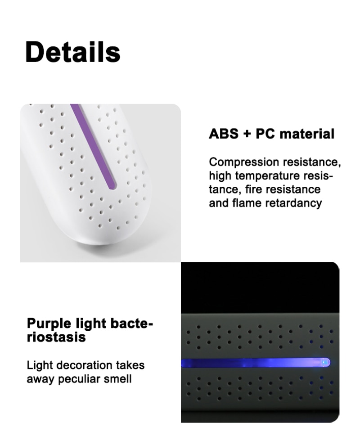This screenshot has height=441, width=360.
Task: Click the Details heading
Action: pos(73,52)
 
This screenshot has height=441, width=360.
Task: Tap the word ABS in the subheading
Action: pos(224,134)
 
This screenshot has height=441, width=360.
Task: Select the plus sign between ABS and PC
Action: pos(247,134)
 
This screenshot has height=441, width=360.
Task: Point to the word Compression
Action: pos(244,162)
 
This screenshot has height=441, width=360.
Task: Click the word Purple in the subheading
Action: pos(49,324)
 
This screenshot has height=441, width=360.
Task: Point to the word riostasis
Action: pos(56,337)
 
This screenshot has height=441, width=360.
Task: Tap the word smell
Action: pos(117,379)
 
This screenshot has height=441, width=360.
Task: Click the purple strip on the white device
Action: pos(93,146)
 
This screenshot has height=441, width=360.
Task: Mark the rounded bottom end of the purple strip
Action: pos(112,186)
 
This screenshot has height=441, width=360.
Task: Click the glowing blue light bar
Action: pos(256,362)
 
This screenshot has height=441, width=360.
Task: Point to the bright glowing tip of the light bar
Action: pos(325,362)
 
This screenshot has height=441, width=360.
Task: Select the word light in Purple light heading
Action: pos(90,324)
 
